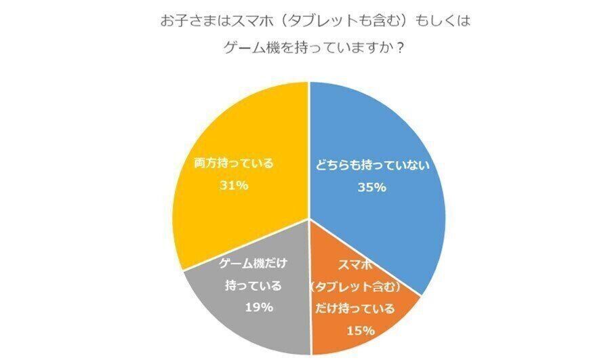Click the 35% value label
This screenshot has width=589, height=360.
(371, 188)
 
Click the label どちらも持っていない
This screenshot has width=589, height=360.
(372, 165)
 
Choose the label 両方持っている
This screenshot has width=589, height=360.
(233, 163)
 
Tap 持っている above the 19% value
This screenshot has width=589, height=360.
(253, 285)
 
